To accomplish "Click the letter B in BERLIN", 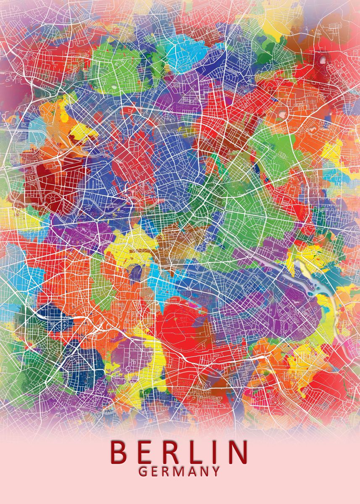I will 118,451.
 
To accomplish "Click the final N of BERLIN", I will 236,451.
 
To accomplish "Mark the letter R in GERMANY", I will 166,471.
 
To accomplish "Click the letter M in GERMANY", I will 179,471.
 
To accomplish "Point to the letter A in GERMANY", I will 193,471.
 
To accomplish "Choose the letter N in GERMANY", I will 205,471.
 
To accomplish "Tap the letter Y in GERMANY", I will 216,471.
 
